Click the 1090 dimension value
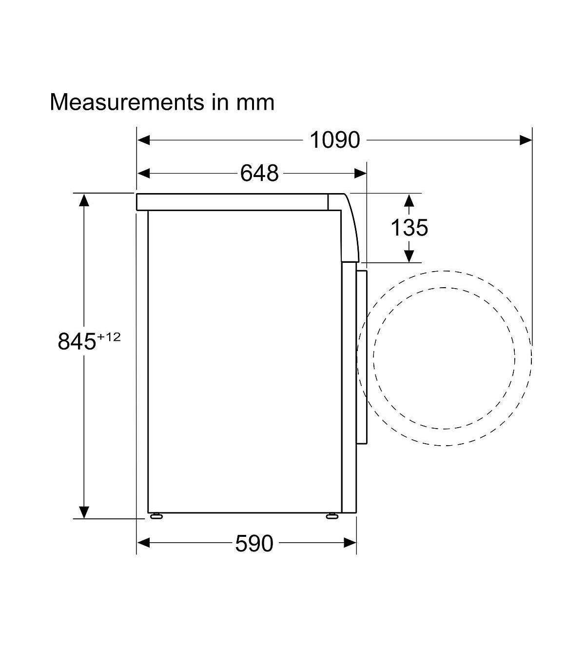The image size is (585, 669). [x=334, y=140]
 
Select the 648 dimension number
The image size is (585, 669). [x=259, y=173]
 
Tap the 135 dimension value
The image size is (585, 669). [x=409, y=228]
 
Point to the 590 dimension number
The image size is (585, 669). [x=254, y=543]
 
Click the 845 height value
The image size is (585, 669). [x=77, y=341]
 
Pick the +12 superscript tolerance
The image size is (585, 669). [x=109, y=337]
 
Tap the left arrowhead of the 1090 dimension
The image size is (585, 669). [x=144, y=140]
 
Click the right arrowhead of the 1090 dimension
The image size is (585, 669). [x=526, y=140]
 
